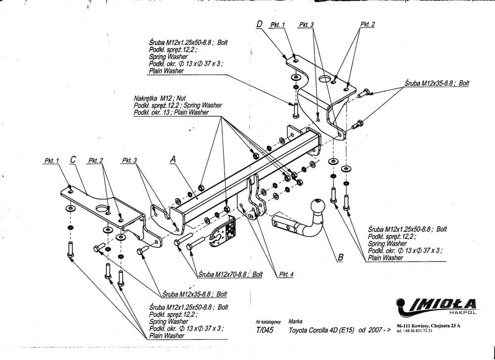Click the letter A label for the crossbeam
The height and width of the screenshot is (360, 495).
click(x=173, y=159)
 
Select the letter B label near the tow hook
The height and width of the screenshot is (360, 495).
click(x=341, y=257)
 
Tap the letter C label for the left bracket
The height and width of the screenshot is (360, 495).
click(x=73, y=159)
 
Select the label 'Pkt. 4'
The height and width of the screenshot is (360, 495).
click(x=286, y=275)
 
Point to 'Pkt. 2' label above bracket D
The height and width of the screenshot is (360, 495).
click(x=367, y=24)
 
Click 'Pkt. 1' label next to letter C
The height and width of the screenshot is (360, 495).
click(x=51, y=161)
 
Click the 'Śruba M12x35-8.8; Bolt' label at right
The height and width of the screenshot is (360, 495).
click(x=436, y=84)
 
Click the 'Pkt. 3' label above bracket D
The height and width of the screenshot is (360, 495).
click(x=306, y=24)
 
